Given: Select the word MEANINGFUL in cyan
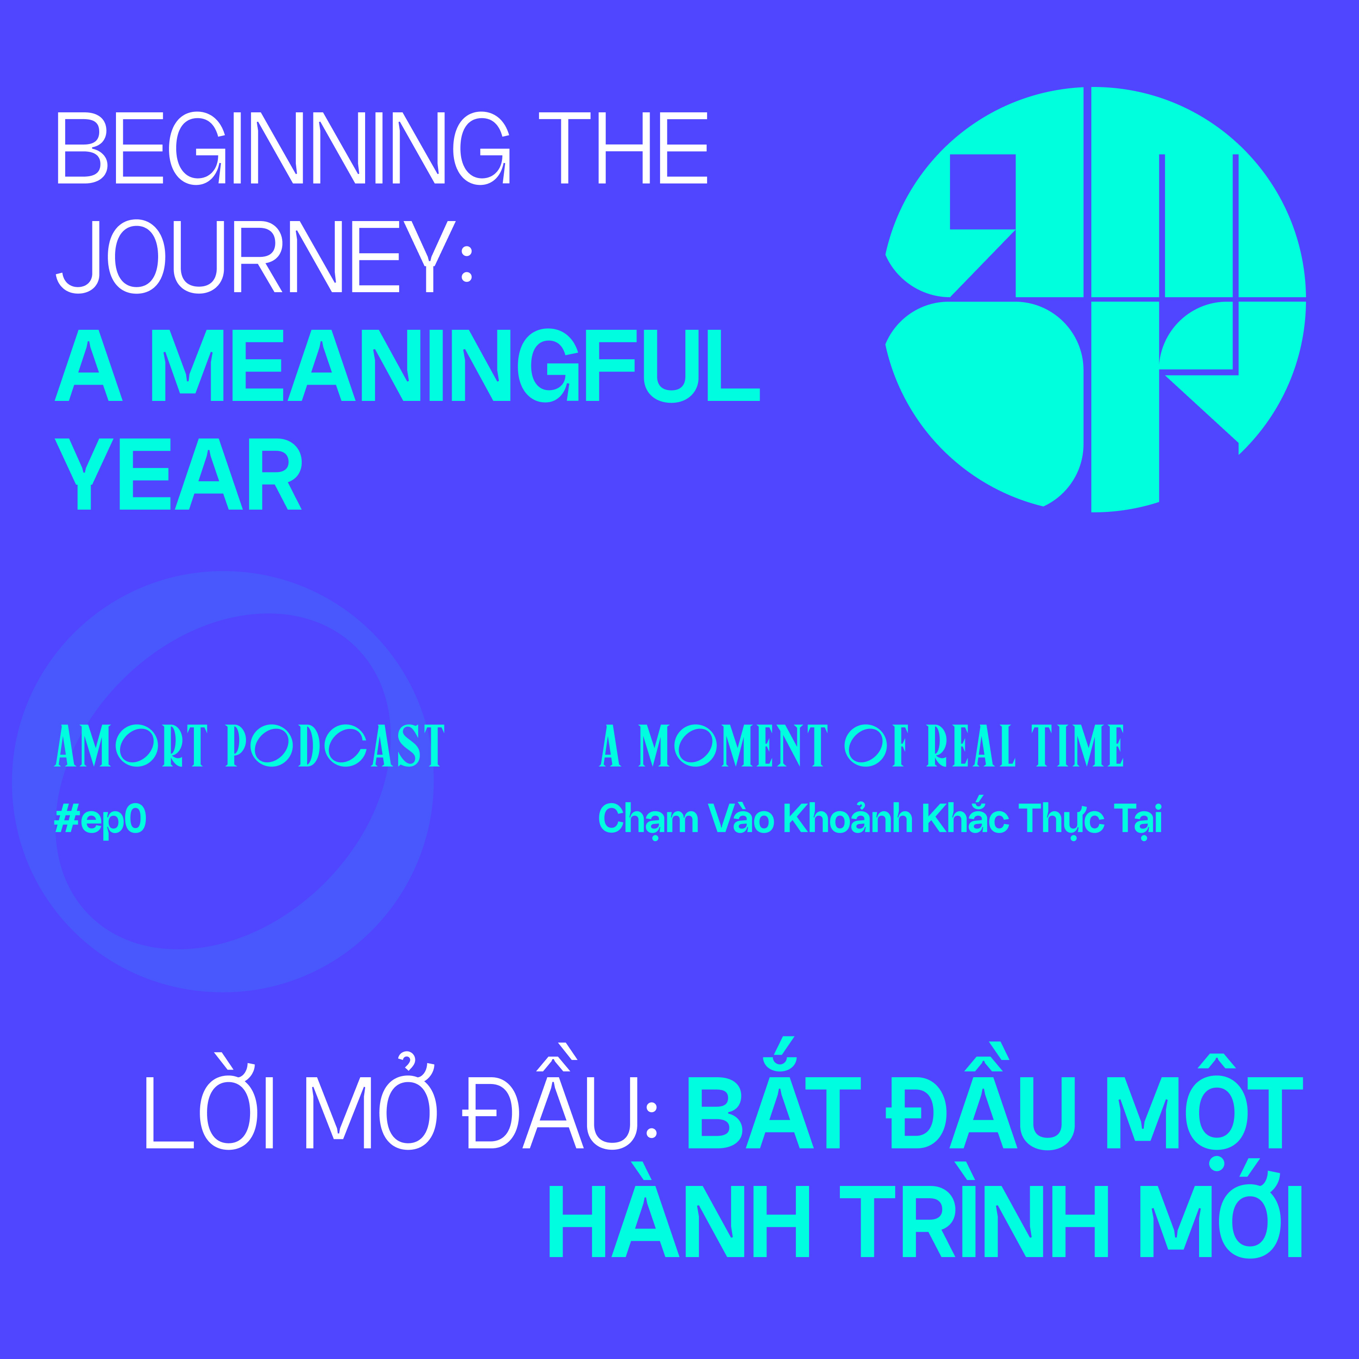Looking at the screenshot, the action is (x=455, y=365).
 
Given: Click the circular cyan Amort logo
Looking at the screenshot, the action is (x=1095, y=299).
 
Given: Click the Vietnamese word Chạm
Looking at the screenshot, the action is (x=648, y=819).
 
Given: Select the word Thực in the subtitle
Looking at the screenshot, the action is (x=1061, y=819).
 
